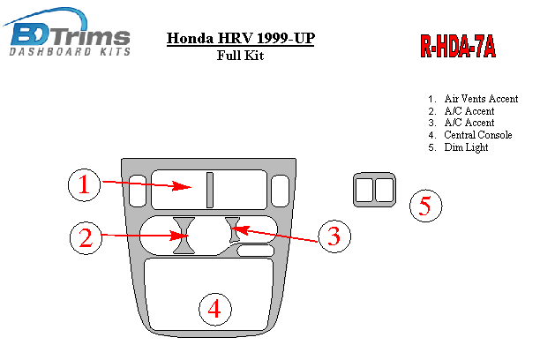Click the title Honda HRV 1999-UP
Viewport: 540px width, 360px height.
pyautogui.click(x=239, y=39)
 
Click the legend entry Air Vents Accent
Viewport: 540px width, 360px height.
pyautogui.click(x=480, y=99)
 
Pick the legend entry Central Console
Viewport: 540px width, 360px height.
pyautogui.click(x=477, y=135)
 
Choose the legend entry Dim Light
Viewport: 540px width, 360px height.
pyautogui.click(x=466, y=147)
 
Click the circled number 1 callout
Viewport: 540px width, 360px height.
pyautogui.click(x=84, y=184)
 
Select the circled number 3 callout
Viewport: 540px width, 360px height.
pyautogui.click(x=334, y=236)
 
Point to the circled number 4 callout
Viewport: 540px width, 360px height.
pyautogui.click(x=215, y=309)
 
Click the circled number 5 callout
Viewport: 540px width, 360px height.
pyautogui.click(x=425, y=206)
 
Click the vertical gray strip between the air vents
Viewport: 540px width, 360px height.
pyautogui.click(x=211, y=189)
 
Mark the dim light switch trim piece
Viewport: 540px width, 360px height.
pyautogui.click(x=374, y=191)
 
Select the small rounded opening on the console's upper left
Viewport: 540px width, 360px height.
pyautogui.click(x=137, y=188)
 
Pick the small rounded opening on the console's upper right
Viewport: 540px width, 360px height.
pyautogui.click(x=280, y=189)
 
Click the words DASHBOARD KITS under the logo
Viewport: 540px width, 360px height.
pyautogui.click(x=70, y=52)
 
